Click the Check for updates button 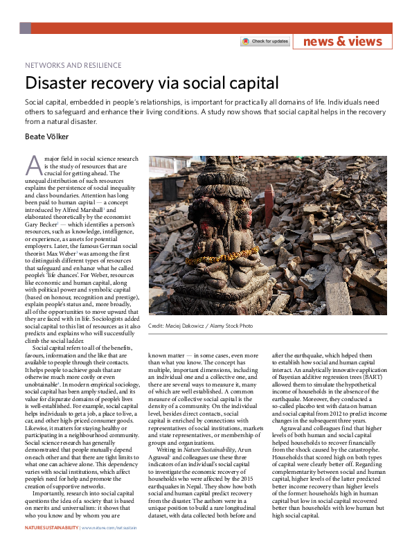click(265, 42)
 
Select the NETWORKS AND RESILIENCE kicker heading click(73, 66)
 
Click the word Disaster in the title click(58, 84)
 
